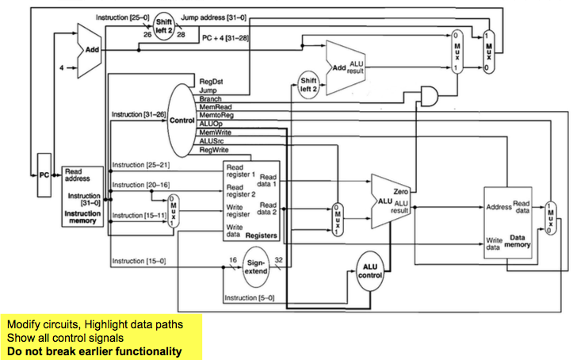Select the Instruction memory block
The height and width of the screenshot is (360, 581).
(82, 196)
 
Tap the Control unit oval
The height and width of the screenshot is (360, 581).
(182, 120)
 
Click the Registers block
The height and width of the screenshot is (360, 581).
(252, 200)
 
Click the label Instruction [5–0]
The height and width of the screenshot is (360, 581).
(250, 298)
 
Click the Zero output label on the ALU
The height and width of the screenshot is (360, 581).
(400, 192)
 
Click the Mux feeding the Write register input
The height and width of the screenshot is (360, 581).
(174, 209)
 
